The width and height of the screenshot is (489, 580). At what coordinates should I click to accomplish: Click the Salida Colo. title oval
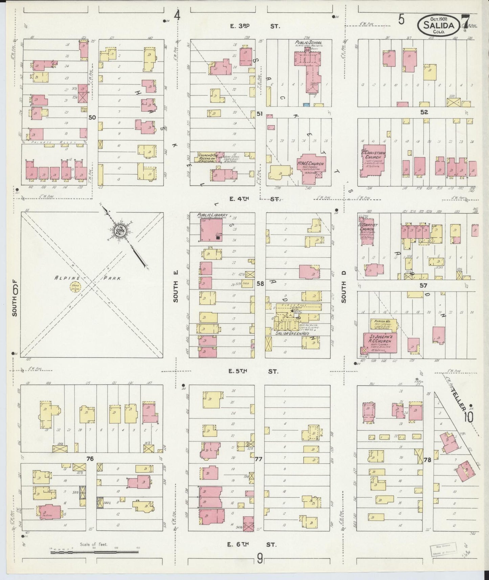coord(439,26)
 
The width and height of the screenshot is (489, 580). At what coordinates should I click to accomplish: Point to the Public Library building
coord(211,230)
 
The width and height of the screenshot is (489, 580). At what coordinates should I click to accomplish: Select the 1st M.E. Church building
coord(311,167)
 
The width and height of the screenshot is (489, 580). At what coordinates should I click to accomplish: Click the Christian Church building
coord(373,161)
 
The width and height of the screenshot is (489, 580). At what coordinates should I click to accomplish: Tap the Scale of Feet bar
coord(94,552)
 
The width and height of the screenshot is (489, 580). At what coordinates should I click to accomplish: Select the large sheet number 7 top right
coord(466,22)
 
